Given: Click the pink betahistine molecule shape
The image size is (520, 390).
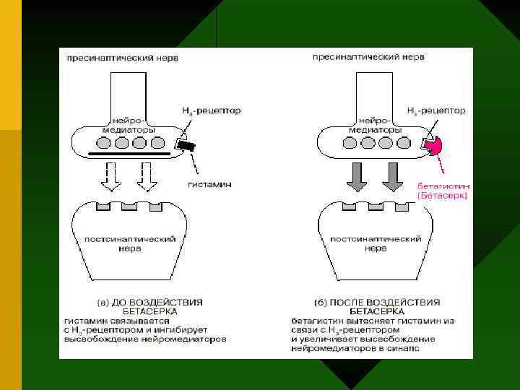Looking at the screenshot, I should point(436,147).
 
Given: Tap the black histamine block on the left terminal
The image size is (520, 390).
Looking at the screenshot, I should point(189,146).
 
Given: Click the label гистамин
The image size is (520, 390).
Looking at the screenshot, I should point(209,184).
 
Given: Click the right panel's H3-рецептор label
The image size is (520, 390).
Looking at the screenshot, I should point(436,111).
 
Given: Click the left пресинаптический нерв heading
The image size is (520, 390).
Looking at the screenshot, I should point(122,56).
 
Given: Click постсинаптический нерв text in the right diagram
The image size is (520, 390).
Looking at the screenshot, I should point(376,243).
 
